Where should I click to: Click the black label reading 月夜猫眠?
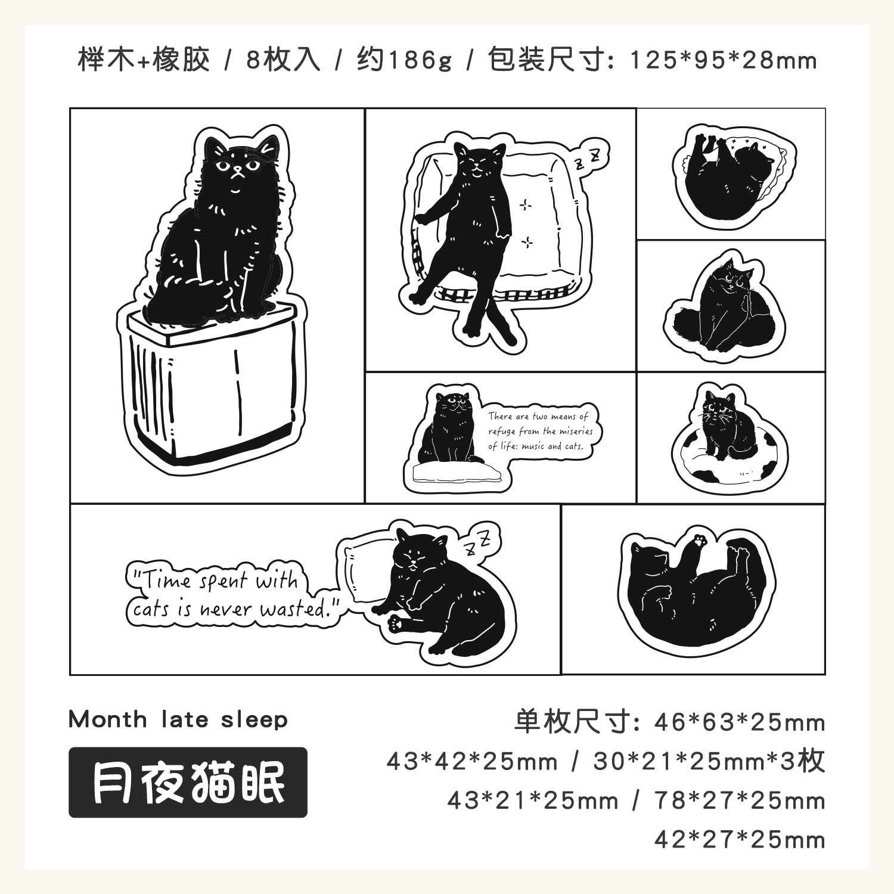tap(188, 782)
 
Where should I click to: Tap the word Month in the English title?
tap(107, 719)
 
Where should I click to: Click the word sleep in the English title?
tap(254, 720)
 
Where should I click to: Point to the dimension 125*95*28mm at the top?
tap(723, 60)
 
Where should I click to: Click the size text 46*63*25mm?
tap(739, 722)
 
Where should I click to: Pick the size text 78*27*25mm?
tap(740, 800)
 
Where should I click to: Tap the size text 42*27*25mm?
tap(740, 840)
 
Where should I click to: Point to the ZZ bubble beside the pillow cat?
tap(478, 541)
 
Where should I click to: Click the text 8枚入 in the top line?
tap(283, 60)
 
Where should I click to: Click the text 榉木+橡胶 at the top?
tap(144, 60)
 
